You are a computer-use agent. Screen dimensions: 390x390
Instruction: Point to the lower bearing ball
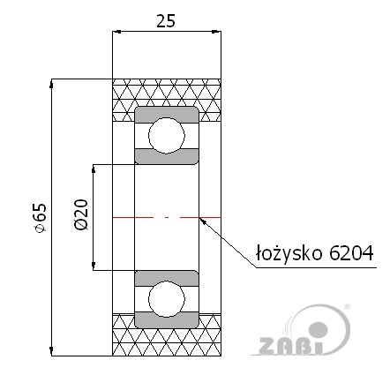click(166, 297)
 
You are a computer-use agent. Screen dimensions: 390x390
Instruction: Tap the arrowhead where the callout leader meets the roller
click(202, 218)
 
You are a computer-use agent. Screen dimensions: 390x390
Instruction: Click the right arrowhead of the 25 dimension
click(218, 34)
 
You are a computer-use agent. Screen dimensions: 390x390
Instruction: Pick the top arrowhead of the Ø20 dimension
click(94, 168)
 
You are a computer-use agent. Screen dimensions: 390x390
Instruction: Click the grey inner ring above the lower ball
click(166, 276)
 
